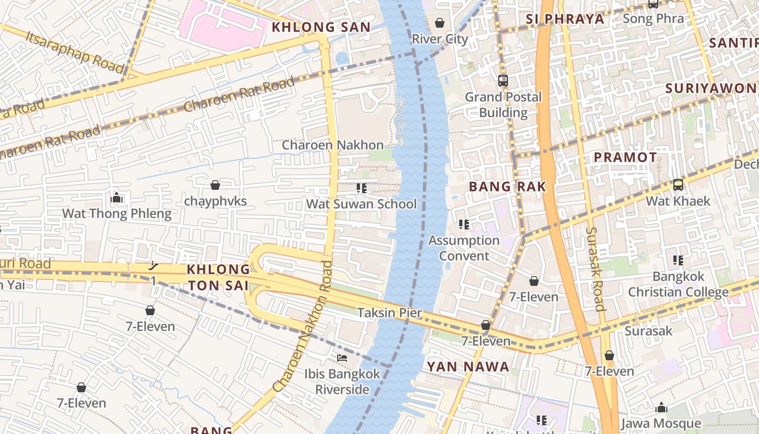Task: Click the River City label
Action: click(439, 39)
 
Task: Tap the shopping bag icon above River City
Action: click(440, 23)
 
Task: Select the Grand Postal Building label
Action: click(503, 105)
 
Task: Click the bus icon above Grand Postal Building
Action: click(503, 81)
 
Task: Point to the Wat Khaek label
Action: click(677, 201)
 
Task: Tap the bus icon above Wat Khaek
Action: click(678, 185)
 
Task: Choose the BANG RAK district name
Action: click(507, 187)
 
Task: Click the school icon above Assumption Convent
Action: click(464, 225)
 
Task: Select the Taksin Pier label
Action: click(389, 313)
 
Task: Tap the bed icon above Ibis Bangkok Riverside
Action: click(342, 358)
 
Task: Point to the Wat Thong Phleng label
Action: click(117, 214)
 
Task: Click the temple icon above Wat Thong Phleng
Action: click(117, 198)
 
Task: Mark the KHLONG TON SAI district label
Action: click(218, 277)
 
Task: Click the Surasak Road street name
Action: click(595, 269)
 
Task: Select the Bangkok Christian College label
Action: click(678, 284)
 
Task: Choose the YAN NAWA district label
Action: click(467, 367)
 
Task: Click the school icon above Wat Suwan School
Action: click(362, 188)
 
